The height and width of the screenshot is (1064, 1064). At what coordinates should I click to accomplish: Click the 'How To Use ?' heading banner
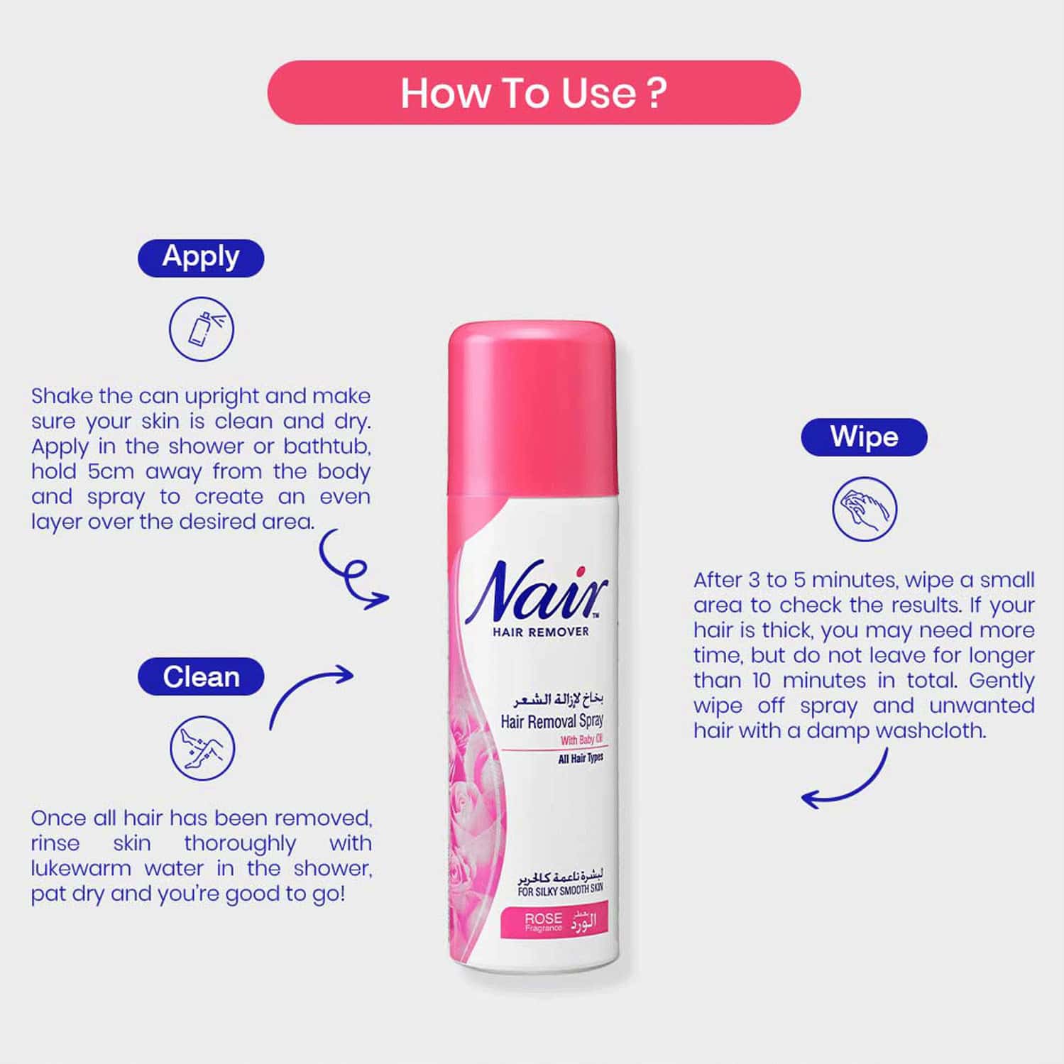[534, 93]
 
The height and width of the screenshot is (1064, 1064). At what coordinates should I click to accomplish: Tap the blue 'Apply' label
[201, 258]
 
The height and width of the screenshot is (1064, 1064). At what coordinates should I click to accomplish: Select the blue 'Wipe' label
[864, 437]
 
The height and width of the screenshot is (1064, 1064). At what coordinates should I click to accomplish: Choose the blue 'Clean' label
[201, 676]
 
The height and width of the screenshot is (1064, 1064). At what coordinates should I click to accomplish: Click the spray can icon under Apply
[202, 329]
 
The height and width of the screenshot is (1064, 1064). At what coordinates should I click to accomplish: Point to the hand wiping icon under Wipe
[865, 509]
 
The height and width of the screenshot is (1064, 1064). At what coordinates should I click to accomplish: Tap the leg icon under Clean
[202, 748]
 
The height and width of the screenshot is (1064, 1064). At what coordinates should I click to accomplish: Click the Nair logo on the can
[537, 591]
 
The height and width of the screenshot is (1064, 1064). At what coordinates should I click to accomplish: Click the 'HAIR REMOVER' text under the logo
[541, 632]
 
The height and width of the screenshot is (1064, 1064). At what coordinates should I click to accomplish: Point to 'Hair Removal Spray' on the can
[552, 721]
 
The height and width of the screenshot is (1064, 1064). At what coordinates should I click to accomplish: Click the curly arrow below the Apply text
[351, 572]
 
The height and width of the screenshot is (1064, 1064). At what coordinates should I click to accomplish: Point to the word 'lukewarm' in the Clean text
[80, 868]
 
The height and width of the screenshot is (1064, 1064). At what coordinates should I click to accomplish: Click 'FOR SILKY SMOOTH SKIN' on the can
[560, 890]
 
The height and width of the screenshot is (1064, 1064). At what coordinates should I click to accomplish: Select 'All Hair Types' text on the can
[581, 759]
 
